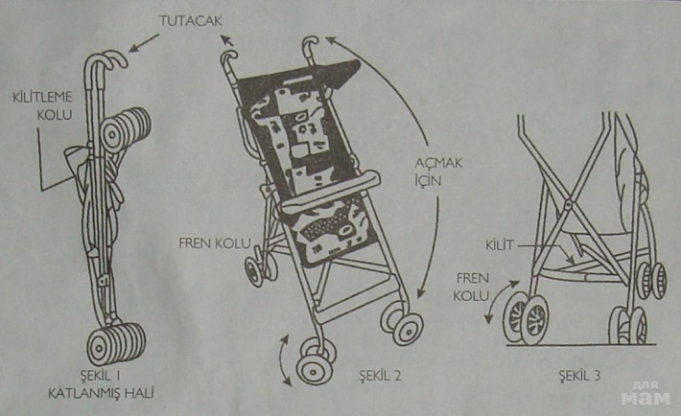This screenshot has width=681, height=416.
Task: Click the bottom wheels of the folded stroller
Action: [x=114, y=342]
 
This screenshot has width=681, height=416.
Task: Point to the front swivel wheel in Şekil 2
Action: [x=315, y=363]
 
